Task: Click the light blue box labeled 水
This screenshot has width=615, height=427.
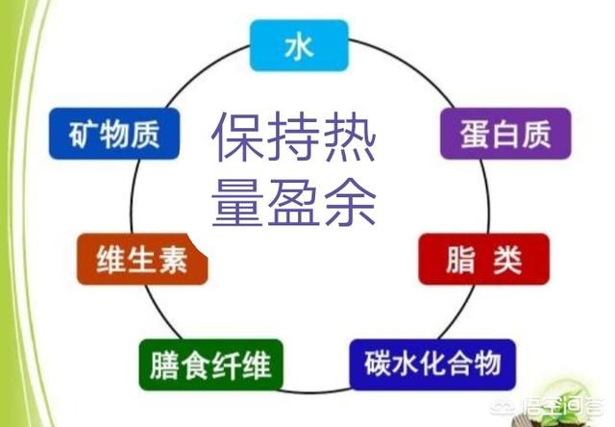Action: [299, 45]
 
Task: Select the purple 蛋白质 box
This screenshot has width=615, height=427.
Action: [505, 134]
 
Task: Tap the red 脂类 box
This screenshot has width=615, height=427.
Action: [483, 259]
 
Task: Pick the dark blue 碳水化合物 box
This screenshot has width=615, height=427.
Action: [432, 364]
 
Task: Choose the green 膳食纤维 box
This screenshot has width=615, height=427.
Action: [211, 364]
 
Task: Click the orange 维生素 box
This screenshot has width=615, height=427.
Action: [142, 259]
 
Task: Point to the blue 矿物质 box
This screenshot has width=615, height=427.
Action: [114, 134]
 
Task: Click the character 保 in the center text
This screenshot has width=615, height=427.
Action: [238, 137]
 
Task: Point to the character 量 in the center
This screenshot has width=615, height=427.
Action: [238, 203]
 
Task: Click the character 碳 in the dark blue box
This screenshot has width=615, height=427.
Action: [378, 364]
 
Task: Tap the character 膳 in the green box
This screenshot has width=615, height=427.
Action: [164, 365]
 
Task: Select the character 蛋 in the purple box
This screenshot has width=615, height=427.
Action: [474, 134]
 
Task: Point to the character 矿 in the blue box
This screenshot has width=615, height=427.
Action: [82, 135]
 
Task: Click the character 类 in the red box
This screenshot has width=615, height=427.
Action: [507, 260]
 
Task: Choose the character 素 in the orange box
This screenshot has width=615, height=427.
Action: [173, 260]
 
